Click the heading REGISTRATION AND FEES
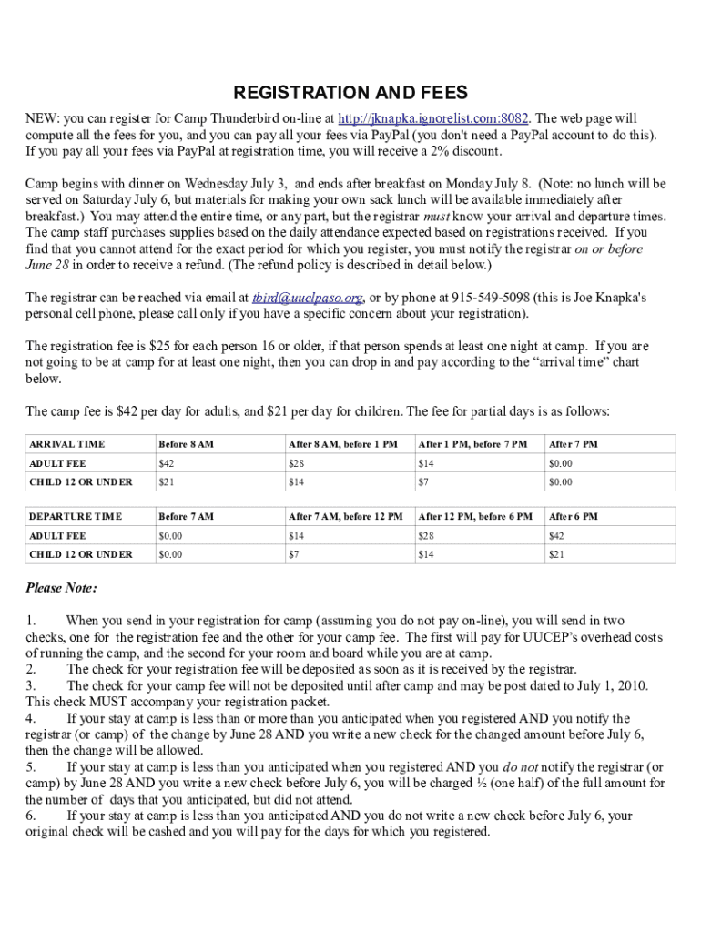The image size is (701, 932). (x=350, y=93)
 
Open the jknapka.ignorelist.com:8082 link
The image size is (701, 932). (x=434, y=119)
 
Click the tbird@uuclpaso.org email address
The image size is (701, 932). (x=308, y=297)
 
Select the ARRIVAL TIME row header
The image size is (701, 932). (x=67, y=444)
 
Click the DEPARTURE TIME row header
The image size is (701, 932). (x=75, y=516)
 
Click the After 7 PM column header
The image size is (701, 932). (x=573, y=444)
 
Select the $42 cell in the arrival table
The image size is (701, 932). (x=167, y=463)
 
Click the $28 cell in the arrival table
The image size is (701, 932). (x=296, y=463)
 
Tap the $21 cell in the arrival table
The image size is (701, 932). (x=167, y=482)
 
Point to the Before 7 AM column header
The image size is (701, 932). (x=186, y=516)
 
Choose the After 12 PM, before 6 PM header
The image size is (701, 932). (x=474, y=516)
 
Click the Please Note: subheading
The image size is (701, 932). (x=62, y=588)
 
